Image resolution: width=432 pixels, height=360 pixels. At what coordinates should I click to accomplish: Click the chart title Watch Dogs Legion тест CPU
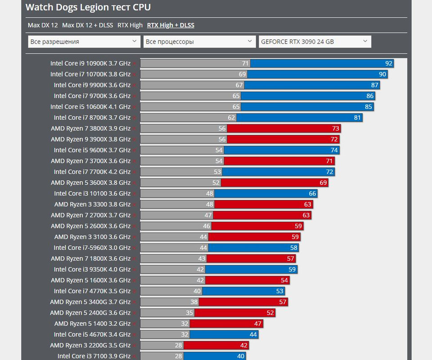[x=88, y=7]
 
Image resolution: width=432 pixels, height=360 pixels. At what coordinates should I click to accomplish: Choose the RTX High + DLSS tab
[x=171, y=25]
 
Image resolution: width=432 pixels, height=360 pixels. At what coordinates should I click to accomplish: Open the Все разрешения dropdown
[x=84, y=42]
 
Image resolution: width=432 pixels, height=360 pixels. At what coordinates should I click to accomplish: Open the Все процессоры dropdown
[x=199, y=42]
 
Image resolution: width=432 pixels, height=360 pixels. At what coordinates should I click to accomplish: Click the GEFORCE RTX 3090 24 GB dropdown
[x=315, y=42]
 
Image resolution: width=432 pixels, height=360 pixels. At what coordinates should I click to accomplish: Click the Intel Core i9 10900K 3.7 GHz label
[x=90, y=63]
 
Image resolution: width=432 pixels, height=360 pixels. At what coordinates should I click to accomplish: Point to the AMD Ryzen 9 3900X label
[x=90, y=139]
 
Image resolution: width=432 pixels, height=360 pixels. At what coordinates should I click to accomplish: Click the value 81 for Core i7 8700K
[x=357, y=118]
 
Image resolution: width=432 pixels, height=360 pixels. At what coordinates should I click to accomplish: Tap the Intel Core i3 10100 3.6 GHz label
[x=92, y=193]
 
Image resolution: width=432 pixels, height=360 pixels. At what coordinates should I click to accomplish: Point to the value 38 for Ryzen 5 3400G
[x=194, y=302]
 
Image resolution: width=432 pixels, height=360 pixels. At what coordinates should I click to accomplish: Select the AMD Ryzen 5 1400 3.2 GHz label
[x=92, y=324]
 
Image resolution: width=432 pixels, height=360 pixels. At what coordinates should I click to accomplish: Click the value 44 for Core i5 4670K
[x=253, y=334]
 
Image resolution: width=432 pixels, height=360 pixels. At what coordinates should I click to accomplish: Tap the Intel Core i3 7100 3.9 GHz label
[x=94, y=356]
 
